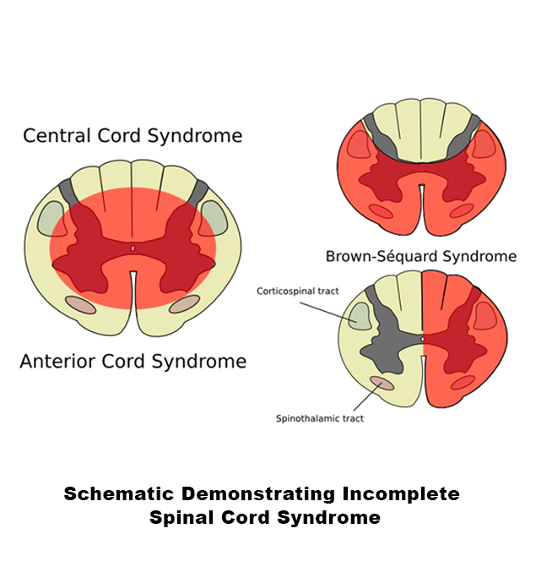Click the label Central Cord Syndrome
coord(133,135)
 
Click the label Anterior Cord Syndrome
coord(133,362)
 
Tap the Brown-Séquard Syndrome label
coord(420,256)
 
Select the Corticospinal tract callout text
coord(298,291)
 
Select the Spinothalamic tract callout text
coord(320,418)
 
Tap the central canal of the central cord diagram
coord(133,248)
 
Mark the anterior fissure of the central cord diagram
coord(133,291)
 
